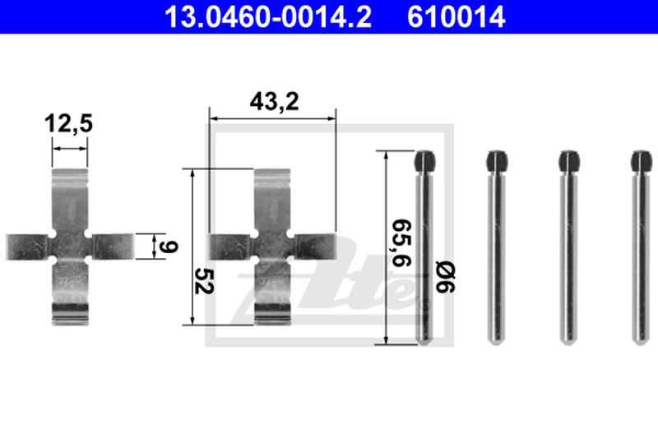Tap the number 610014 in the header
pos(456,16)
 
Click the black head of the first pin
pos(426,161)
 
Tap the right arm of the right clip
pos(315,246)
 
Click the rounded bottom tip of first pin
pos(426,339)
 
